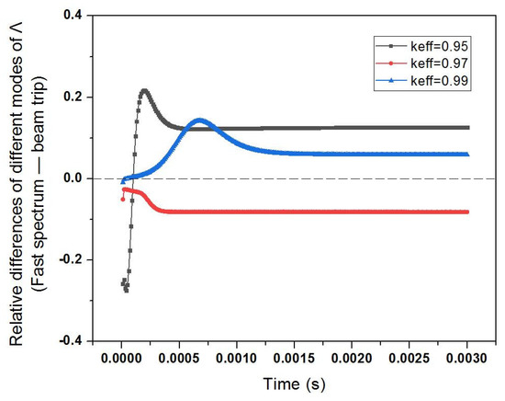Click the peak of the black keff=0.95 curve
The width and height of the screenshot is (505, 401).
coord(144,91)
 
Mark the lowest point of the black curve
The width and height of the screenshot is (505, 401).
coord(126,290)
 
